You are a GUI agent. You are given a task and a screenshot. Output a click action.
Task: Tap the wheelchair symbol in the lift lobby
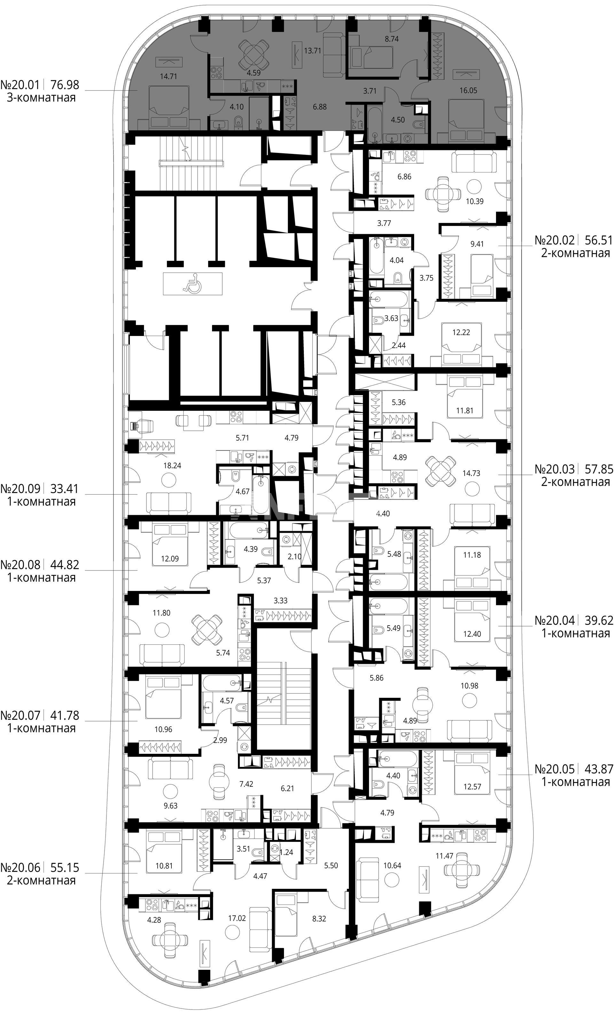[192, 283]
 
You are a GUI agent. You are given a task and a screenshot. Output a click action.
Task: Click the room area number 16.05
[468, 91]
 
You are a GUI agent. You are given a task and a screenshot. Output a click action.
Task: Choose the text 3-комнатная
[42, 98]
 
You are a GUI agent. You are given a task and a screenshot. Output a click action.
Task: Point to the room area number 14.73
[471, 473]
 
